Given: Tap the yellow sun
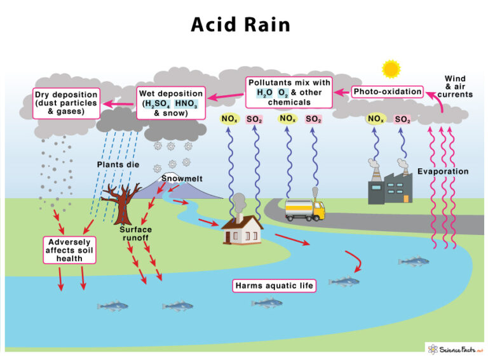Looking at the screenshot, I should pyautogui.click(x=390, y=69).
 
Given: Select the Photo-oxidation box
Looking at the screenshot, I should pyautogui.click(x=388, y=91).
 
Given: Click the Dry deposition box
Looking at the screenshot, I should pyautogui.click(x=66, y=103).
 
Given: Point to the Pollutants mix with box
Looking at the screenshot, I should pyautogui.click(x=289, y=92).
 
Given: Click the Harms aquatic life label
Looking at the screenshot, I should pyautogui.click(x=274, y=286).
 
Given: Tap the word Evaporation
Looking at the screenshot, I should pyautogui.click(x=443, y=171).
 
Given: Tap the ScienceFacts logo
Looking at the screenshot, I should pyautogui.click(x=455, y=349).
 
